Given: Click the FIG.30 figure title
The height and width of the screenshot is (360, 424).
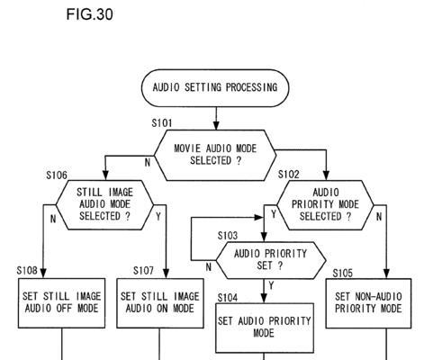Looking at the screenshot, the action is point(89,14).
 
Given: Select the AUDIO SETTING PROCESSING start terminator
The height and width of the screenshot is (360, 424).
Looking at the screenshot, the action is point(215,88).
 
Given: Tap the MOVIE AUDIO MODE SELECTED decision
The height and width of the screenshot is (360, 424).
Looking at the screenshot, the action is point(215,155).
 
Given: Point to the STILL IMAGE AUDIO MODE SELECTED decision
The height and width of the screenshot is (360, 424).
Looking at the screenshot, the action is point(104,205).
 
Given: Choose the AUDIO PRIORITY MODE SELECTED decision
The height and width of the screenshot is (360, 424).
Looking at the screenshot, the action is point(325,205).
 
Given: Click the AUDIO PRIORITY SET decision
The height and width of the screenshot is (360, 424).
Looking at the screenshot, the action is point(271,260).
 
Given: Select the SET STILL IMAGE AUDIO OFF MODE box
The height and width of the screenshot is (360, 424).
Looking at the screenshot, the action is point(61,303).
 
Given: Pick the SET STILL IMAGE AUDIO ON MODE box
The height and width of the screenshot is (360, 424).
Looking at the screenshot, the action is point(160,303).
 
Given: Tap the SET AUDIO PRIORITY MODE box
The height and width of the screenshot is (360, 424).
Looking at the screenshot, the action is point(265,328).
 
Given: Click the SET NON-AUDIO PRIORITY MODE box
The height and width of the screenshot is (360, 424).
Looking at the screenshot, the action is point(368,303).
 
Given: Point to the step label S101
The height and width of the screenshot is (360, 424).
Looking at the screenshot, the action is point(162,123).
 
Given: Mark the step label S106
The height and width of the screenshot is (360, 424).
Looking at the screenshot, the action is point(57,175).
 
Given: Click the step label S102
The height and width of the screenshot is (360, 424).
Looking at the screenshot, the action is point(289,175).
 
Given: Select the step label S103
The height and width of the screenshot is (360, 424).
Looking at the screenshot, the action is point(228,236).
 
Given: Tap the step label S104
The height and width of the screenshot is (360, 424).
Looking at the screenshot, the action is point(228,298).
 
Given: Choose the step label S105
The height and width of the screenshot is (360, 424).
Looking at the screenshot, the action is point(343,274).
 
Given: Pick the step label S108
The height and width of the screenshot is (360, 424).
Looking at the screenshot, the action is point(27,271).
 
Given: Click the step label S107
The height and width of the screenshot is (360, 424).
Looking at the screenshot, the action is point(143,271).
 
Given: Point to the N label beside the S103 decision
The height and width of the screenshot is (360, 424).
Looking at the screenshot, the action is point(209,267).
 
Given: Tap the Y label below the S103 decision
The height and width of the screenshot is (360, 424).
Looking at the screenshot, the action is point(271,285).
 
